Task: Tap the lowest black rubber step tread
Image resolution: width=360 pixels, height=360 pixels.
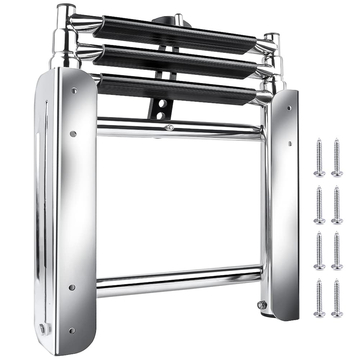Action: click(176, 90)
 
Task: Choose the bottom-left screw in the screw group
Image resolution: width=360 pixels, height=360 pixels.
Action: click(319, 298)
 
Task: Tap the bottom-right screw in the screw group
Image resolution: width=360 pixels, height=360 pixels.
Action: click(337, 298)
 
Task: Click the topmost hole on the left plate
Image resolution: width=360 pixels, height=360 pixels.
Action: click(74, 91)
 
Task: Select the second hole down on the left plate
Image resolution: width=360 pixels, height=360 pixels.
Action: click(73, 134)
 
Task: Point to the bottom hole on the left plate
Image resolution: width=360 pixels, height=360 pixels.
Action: click(72, 330)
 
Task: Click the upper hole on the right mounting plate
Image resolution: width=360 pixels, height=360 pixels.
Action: click(289, 108)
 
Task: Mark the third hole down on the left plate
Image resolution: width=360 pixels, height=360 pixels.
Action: click(72, 287)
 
